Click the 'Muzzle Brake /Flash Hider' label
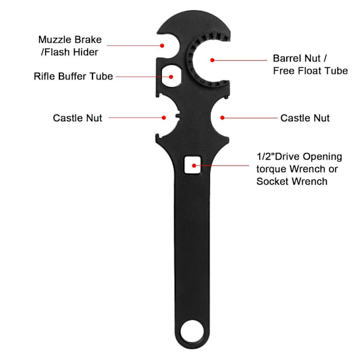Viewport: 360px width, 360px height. (70, 46)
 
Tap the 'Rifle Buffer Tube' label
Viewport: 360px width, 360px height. (73, 76)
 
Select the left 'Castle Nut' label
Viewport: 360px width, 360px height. (77, 118)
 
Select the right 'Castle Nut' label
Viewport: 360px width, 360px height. (305, 118)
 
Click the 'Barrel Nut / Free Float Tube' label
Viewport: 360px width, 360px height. (310, 65)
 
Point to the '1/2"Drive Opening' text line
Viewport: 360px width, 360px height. (299, 157)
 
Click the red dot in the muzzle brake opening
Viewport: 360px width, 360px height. (162, 46)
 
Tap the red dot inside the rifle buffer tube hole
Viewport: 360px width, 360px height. (171, 77)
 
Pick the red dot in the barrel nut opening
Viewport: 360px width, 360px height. (212, 60)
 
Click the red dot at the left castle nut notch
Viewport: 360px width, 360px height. (164, 118)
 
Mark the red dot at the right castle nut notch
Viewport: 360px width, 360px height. (222, 118)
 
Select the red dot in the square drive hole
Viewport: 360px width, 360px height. (194, 166)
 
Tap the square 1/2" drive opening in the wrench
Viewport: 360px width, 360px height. (193, 165)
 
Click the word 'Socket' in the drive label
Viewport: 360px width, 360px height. (272, 181)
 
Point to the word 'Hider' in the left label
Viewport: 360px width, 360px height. (85, 52)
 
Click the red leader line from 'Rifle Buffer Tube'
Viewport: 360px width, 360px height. (143, 77)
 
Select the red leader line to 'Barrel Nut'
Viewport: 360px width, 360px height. (241, 60)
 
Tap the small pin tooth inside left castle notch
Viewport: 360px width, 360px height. (178, 115)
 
